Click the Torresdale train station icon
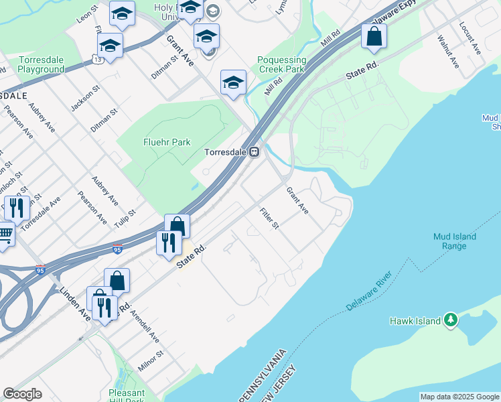[255, 152]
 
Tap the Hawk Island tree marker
[451, 320]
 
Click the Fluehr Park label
[167, 142]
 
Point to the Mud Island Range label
[454, 241]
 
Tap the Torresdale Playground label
[41, 64]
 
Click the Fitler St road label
[269, 218]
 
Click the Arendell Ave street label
[145, 326]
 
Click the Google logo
[22, 394]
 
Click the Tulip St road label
[125, 218]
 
